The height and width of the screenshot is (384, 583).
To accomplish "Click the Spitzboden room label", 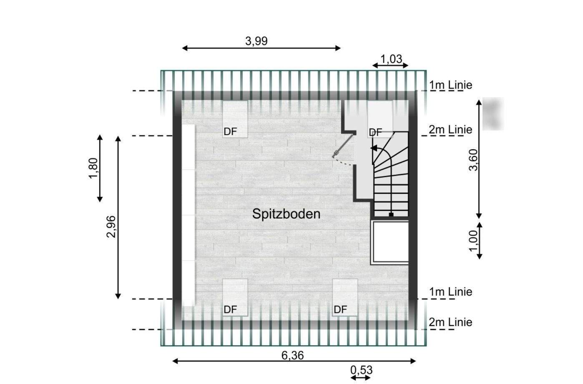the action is coord(286,214).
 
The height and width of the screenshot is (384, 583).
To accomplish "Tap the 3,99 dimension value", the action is coord(256,41).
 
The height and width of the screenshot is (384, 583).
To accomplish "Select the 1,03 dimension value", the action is coord(391,59).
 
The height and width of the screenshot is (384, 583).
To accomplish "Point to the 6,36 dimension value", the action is coord(292,355).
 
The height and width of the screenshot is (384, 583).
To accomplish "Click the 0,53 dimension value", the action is coord(361,370).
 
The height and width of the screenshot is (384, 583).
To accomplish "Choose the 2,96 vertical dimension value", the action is coord(111,226).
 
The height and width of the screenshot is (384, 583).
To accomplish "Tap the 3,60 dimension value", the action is coord(473,160).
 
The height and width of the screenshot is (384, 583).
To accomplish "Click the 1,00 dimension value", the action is coord(473,241).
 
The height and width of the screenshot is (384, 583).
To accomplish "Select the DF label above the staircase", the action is coord(375,132).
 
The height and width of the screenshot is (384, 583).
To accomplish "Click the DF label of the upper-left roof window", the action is coord(230,132).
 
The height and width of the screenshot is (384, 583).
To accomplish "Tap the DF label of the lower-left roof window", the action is coord(230,310).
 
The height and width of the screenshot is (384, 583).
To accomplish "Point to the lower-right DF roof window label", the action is coord(340,310).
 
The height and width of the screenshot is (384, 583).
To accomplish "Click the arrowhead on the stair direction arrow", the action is coord(374,148).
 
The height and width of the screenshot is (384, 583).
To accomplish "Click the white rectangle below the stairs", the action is coord(390,242).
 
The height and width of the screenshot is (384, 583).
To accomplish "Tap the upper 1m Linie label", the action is coord(451,85).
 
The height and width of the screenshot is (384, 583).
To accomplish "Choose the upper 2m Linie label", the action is coord(451,130).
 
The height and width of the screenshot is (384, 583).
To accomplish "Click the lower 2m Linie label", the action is coord(451,322).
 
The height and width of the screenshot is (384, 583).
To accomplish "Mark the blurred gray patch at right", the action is coord(493,113).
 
